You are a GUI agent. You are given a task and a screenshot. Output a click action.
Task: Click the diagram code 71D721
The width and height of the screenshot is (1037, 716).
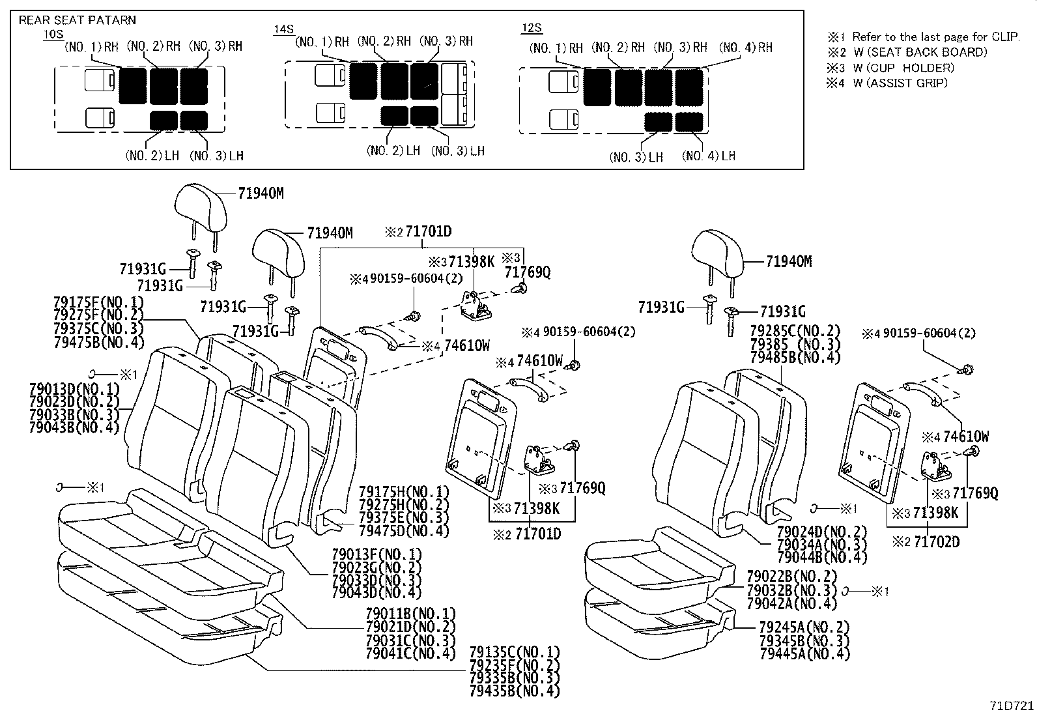pos(1012,706)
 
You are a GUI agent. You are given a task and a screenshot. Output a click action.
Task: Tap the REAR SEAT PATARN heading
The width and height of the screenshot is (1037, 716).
pos(77,20)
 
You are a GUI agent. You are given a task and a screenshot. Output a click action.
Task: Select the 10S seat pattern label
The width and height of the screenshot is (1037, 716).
pos(53,35)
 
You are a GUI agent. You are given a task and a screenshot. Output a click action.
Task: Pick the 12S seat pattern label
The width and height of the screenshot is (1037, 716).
pos(532,28)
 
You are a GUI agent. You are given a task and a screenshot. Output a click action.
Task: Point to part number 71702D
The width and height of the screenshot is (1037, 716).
pos(936,541)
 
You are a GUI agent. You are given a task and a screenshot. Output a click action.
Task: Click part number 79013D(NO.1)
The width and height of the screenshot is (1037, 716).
pos(74,389)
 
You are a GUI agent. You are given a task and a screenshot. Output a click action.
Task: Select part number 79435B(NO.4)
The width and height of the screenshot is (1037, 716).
pos(514,691)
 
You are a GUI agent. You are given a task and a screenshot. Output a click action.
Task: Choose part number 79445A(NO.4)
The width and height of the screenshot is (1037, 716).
pos(804,653)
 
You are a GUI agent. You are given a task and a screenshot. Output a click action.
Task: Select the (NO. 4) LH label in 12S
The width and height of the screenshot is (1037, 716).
pos(709,156)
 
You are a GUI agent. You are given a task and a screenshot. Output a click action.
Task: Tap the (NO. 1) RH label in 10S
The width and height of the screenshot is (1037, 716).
pos(91,46)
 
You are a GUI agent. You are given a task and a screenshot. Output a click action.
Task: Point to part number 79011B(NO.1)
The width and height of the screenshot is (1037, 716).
pos(410,614)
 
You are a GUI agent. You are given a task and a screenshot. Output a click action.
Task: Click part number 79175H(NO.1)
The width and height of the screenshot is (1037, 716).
pos(404,492)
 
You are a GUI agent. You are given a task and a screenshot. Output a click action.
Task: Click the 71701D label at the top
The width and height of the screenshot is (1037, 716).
pos(428,231)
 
